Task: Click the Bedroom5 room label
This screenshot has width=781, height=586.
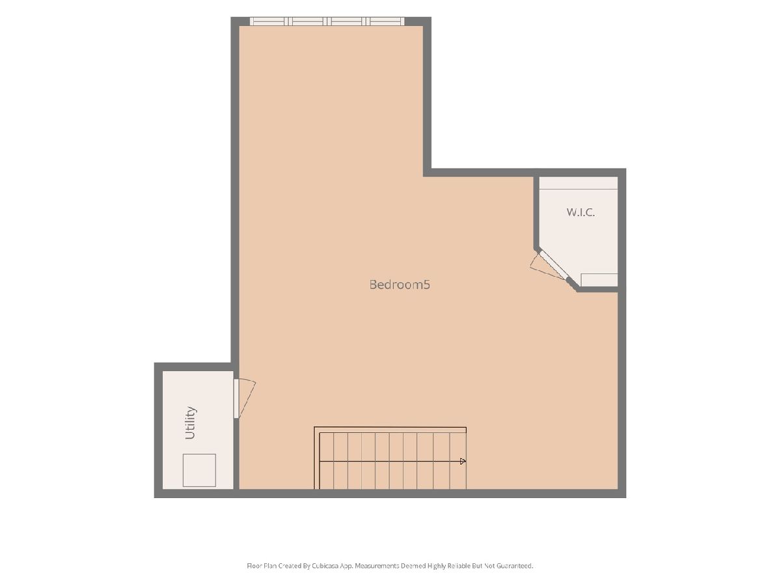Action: (x=399, y=285)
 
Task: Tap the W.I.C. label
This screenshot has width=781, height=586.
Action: (x=581, y=212)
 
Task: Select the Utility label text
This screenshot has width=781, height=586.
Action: (x=191, y=423)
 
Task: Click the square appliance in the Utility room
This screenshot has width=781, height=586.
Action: (x=199, y=470)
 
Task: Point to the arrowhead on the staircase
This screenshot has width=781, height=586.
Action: (x=463, y=461)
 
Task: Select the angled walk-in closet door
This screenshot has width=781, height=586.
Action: (x=554, y=266)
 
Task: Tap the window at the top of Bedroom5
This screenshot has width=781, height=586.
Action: (x=327, y=21)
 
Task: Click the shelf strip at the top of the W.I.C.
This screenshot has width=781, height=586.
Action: (x=578, y=183)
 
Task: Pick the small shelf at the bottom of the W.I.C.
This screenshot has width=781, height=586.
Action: (x=599, y=280)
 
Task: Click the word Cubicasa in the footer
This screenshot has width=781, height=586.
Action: (x=325, y=566)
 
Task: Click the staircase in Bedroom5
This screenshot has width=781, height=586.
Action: (x=390, y=458)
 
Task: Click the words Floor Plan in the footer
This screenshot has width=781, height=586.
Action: (x=262, y=566)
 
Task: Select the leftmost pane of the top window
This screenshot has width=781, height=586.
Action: (x=269, y=21)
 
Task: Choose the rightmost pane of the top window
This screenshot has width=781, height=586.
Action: (x=385, y=21)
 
